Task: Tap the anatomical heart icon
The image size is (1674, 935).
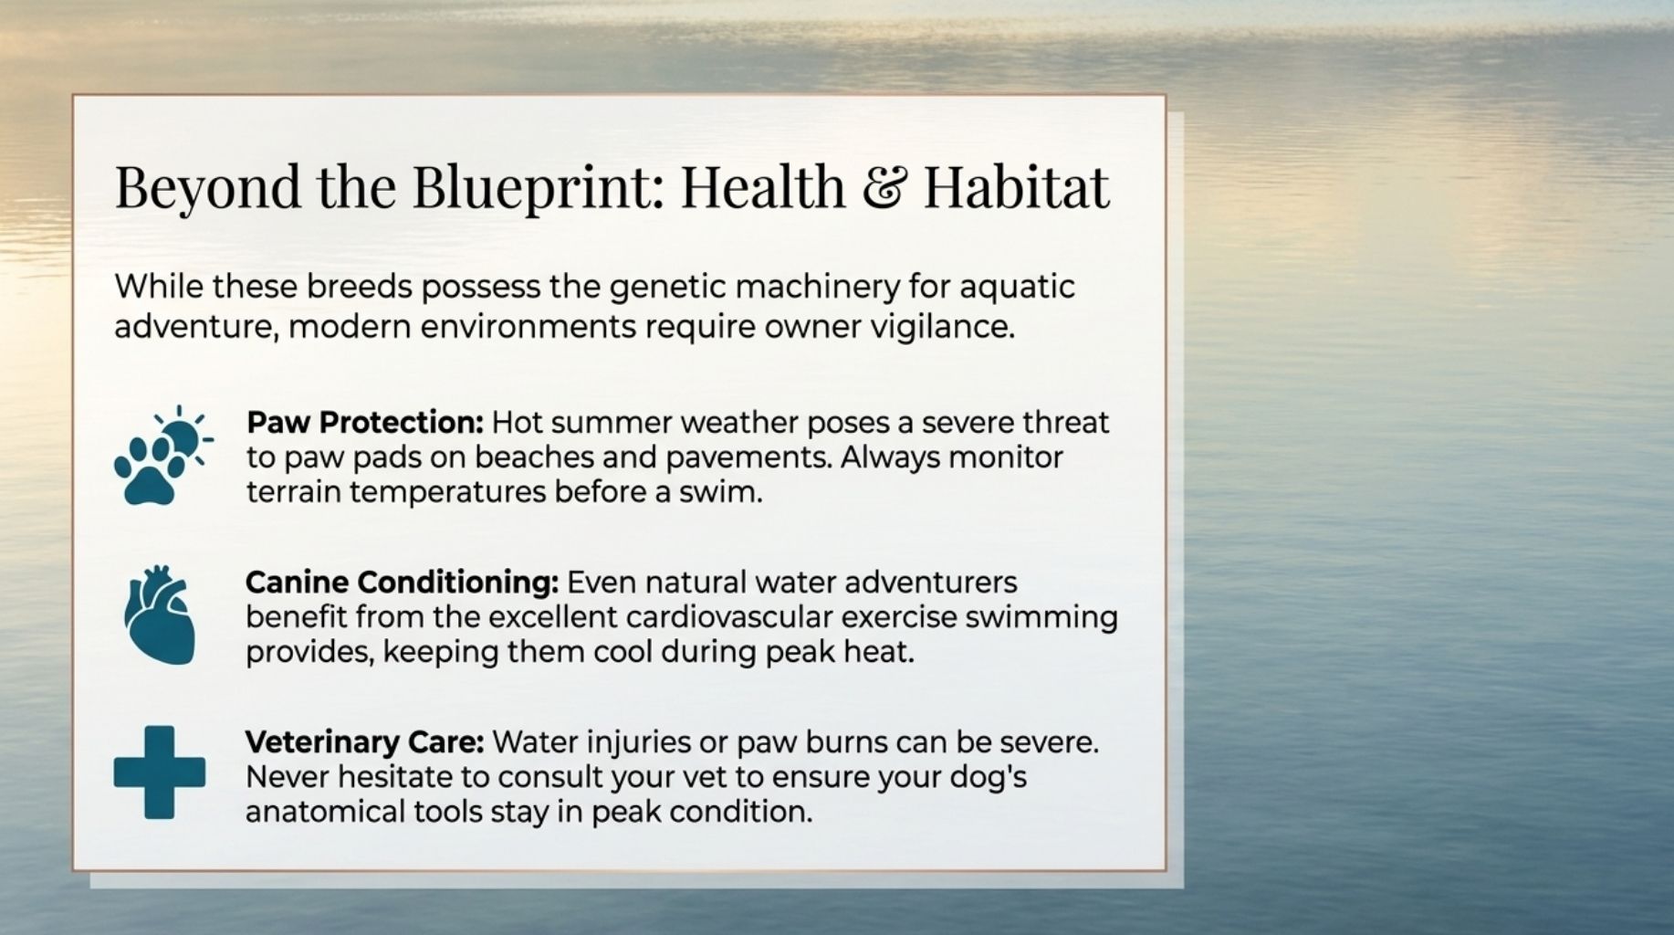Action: point(160,614)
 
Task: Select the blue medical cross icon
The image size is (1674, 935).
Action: point(160,772)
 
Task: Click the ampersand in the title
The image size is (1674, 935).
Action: point(884,186)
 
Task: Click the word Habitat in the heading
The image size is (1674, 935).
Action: point(1016,186)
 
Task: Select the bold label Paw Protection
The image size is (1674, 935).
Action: point(364,423)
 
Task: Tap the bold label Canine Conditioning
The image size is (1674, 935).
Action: point(402,583)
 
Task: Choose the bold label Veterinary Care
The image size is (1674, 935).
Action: point(364,742)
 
